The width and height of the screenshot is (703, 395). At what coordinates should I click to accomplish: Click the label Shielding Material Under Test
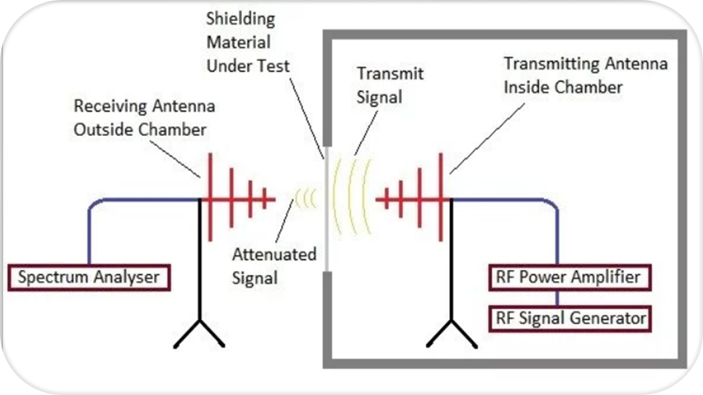pos(248,43)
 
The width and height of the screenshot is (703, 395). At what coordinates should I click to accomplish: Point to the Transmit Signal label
pos(390,85)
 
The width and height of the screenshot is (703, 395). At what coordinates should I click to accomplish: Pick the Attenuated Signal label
pos(274,265)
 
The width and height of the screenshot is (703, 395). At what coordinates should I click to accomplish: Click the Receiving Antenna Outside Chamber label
pos(144,117)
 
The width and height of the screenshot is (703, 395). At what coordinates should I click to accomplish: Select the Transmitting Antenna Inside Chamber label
pos(585,75)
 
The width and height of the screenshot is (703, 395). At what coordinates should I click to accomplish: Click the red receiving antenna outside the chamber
pos(234,199)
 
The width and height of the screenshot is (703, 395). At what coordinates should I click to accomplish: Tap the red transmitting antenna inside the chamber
pos(414,199)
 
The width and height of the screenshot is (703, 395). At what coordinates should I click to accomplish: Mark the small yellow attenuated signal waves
pos(304,199)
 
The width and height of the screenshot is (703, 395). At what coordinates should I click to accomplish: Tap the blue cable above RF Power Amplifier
pos(556,234)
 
